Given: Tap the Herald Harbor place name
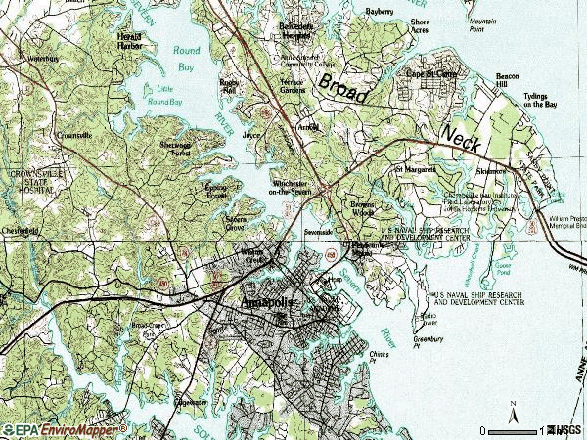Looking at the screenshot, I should point(130,40).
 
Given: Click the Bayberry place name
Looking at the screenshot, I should point(380,12).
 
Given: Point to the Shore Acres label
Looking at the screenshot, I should point(420,25).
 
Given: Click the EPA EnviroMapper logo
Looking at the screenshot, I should point(65,429).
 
